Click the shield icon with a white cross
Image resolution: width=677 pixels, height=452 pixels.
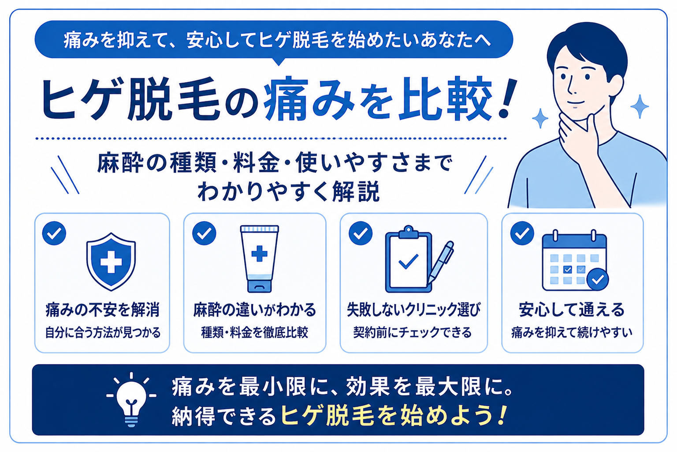click(x=111, y=262)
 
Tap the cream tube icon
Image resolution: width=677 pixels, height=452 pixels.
click(x=259, y=259)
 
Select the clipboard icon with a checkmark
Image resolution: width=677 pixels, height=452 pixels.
click(x=408, y=259)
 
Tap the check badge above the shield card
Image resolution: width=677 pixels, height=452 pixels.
click(x=54, y=233)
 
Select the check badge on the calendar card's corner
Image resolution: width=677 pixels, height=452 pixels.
click(x=598, y=279)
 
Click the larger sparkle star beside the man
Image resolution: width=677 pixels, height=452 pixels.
click(x=639, y=106)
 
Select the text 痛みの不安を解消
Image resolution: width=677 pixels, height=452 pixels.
click(x=102, y=310)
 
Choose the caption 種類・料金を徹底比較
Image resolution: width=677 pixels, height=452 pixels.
click(x=254, y=333)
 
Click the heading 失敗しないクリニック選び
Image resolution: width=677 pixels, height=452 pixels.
click(x=413, y=310)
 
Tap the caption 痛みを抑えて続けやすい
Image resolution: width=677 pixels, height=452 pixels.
click(x=572, y=333)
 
